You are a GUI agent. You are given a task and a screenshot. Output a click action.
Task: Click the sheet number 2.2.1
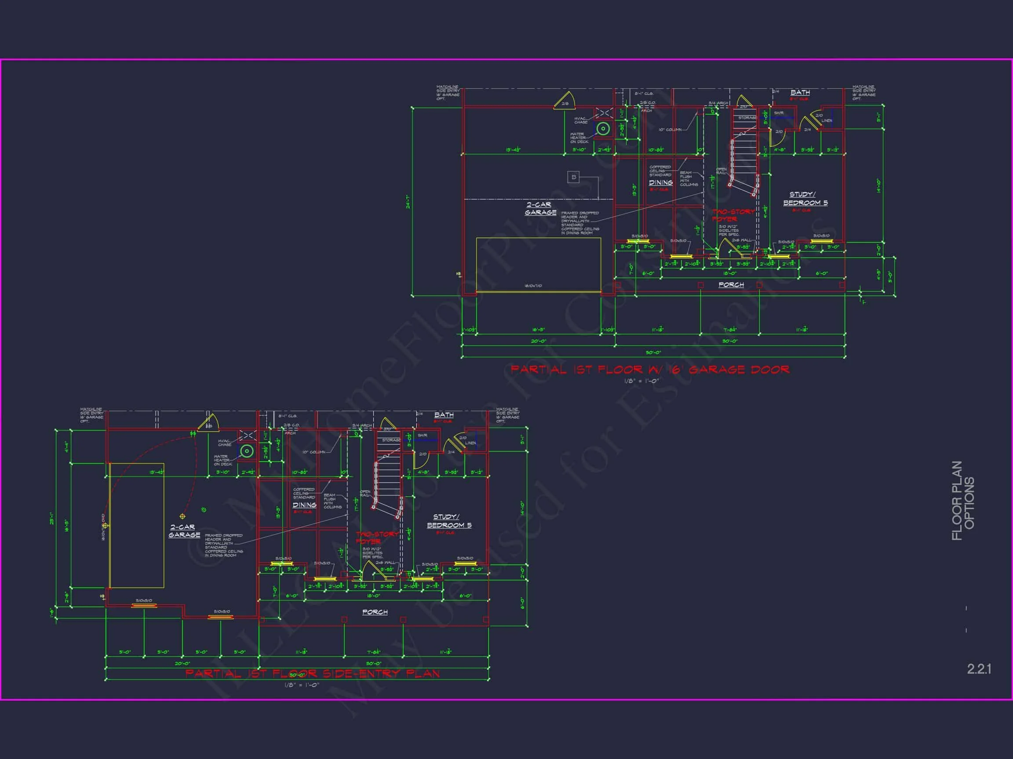pyautogui.click(x=979, y=669)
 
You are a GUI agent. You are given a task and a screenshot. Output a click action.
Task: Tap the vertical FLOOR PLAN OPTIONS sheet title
pyautogui.click(x=962, y=501)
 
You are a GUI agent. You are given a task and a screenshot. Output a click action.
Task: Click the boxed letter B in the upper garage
pyautogui.click(x=573, y=177)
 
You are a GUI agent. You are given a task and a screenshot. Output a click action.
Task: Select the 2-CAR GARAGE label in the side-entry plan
pyautogui.click(x=184, y=531)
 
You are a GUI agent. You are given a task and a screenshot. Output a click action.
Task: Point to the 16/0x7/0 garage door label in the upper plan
pyautogui.click(x=533, y=286)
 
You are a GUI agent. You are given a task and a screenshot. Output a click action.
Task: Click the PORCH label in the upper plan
pyautogui.click(x=731, y=285)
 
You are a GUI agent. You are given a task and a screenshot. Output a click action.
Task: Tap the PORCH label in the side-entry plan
pyautogui.click(x=375, y=612)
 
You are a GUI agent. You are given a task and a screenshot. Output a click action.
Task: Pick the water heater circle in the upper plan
pyautogui.click(x=603, y=129)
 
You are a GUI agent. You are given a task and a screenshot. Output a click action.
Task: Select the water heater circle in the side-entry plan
pyautogui.click(x=247, y=452)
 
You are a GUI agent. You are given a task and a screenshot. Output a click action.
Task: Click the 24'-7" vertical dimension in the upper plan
pyautogui.click(x=408, y=202)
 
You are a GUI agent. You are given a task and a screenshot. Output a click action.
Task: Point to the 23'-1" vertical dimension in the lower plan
pyautogui.click(x=52, y=520)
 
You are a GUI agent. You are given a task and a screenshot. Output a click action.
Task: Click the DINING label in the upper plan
pyautogui.click(x=660, y=183)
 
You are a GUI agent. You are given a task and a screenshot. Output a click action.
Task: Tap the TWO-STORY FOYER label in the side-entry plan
pyautogui.click(x=377, y=538)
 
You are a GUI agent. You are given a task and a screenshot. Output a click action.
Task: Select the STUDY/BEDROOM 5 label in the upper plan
pyautogui.click(x=805, y=199)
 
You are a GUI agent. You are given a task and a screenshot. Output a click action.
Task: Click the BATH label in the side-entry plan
pyautogui.click(x=444, y=415)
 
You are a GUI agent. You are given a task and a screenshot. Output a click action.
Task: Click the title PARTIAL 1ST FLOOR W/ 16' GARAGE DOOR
pyautogui.click(x=650, y=369)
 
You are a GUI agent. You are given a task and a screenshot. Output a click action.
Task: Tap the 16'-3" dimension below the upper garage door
pyautogui.click(x=538, y=329)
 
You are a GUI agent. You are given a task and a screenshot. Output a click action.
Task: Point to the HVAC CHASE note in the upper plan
pyautogui.click(x=581, y=120)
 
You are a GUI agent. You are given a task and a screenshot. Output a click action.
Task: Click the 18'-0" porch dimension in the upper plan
pyautogui.click(x=729, y=273)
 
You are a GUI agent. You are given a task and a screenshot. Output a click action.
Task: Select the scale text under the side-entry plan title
pyautogui.click(x=301, y=685)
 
